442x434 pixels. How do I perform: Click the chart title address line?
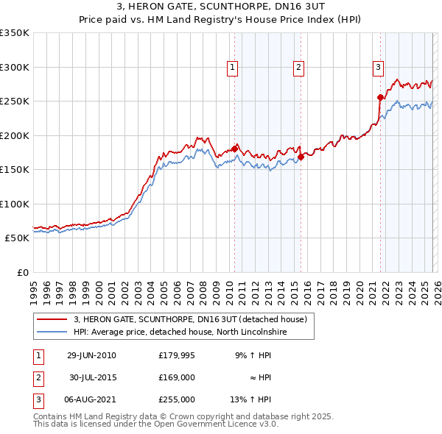pos(221,7)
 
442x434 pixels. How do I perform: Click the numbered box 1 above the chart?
pos(233,68)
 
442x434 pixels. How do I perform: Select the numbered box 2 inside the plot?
pos(299,68)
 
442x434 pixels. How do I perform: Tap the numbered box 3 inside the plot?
pos(378,68)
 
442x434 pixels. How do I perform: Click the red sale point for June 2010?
pos(234,149)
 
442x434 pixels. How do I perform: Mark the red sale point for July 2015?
pos(301,156)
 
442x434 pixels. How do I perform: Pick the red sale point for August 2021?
pos(380,97)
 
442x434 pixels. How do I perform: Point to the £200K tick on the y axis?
pos(15,135)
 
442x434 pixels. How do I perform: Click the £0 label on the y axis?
pos(22,273)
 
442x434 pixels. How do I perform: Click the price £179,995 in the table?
pos(176,355)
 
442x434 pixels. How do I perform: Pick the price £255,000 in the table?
pos(176,399)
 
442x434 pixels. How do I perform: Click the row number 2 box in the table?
pos(37,377)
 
